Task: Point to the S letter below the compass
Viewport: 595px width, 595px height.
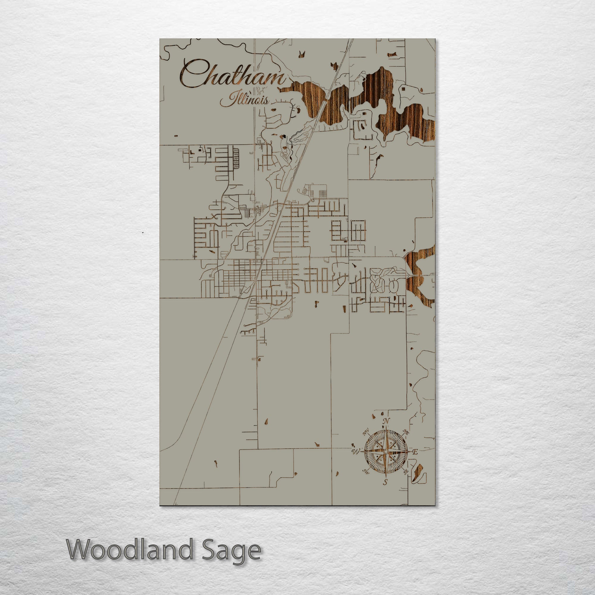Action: (385, 482)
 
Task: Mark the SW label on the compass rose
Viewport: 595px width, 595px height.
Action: (366, 471)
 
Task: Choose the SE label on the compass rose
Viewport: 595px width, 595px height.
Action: (406, 471)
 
